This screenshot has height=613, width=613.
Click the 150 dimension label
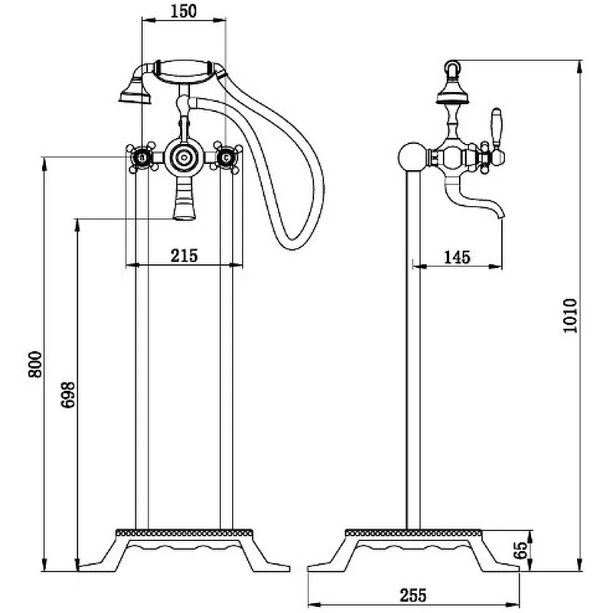click(183, 11)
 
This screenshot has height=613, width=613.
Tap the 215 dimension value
click(184, 256)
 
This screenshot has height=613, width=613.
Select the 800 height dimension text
click(35, 365)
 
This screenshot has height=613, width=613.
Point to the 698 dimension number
click(68, 395)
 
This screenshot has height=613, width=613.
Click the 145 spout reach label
click(457, 257)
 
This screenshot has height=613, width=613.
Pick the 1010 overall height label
click(570, 316)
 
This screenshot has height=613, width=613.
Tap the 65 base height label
click(520, 550)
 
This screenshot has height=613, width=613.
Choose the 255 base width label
click(413, 595)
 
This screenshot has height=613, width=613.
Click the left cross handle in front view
click(143, 158)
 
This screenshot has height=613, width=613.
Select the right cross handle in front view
click(225, 158)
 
